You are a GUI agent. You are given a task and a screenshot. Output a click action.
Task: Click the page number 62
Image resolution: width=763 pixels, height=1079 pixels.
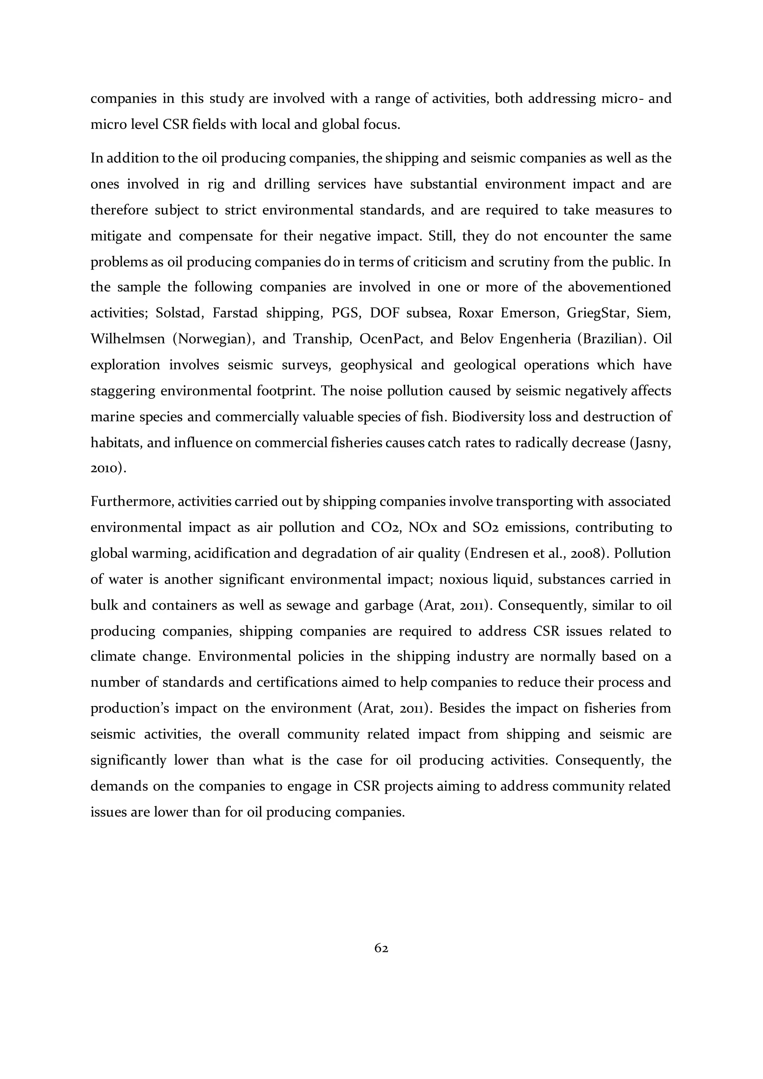(381, 948)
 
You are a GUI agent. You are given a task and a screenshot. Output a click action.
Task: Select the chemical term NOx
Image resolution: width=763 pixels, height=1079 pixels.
(423, 528)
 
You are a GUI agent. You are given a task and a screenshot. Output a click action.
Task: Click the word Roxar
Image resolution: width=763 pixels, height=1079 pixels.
(475, 313)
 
